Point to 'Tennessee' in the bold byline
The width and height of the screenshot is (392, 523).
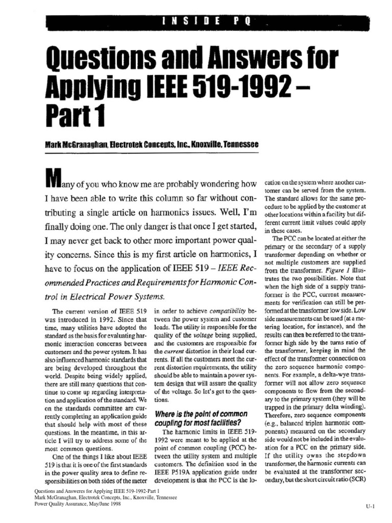click(238, 146)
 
